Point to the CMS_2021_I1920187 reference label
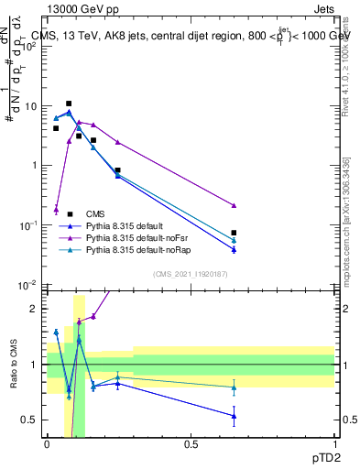[190, 273]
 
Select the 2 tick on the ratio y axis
[38, 309]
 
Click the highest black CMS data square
[69, 104]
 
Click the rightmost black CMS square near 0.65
[235, 233]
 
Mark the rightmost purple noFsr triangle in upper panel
[235, 205]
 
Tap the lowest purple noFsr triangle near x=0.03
[56, 209]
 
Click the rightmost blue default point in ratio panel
[235, 416]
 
